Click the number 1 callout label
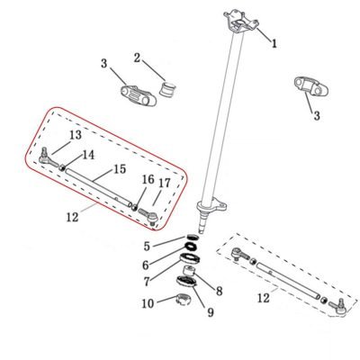point(274,43)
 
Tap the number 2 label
point(137,58)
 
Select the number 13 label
point(76,135)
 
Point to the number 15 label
point(120,169)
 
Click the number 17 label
point(165,183)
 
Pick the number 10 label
point(148,303)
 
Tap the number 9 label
point(211,312)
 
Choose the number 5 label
point(147,247)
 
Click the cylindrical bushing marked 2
point(167,88)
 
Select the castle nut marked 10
point(182,299)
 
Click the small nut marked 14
point(62,168)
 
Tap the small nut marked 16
point(135,207)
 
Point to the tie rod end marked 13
point(48,157)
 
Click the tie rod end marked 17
point(148,217)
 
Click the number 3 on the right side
point(317,116)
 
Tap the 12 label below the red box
point(72,217)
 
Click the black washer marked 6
point(191,247)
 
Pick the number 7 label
point(147,282)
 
